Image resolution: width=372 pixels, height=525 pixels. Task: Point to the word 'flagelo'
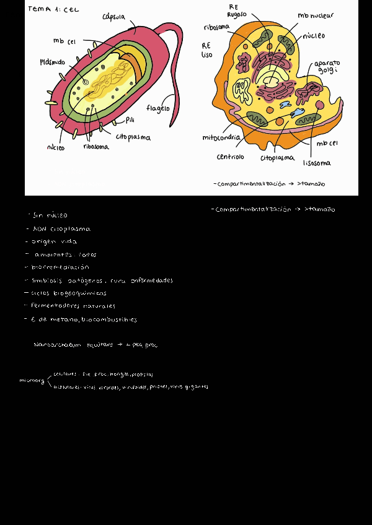pyautogui.click(x=158, y=108)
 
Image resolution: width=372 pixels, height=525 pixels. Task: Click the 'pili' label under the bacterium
pyautogui.click(x=130, y=119)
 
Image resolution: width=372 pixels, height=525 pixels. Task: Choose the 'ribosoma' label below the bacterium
pyautogui.click(x=96, y=147)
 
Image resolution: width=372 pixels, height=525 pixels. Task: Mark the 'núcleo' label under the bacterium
pyautogui.click(x=56, y=147)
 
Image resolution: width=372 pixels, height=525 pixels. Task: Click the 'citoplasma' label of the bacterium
pyautogui.click(x=133, y=137)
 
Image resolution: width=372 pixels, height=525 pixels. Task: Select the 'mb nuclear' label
pyautogui.click(x=315, y=15)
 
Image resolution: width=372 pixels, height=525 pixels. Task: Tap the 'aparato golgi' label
pyautogui.click(x=327, y=67)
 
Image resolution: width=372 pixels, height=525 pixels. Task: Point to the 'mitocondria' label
pyautogui.click(x=221, y=137)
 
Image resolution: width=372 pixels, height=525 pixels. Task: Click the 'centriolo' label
pyautogui.click(x=230, y=157)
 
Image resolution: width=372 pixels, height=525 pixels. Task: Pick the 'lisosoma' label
pyautogui.click(x=316, y=163)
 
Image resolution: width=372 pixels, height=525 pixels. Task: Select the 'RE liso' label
pyautogui.click(x=207, y=50)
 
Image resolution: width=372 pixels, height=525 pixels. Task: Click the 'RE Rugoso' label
pyautogui.click(x=237, y=11)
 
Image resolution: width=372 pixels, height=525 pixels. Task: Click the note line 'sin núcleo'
pyautogui.click(x=48, y=215)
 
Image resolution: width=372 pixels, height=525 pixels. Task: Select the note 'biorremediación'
pyautogui.click(x=60, y=267)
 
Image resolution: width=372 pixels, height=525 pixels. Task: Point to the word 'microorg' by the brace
pyautogui.click(x=32, y=381)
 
